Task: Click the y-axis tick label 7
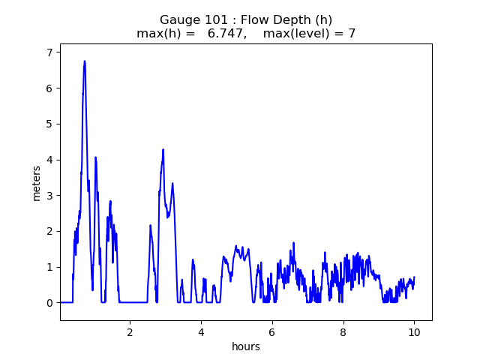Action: (49, 52)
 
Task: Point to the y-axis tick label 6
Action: (49, 88)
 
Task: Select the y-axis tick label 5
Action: (49, 124)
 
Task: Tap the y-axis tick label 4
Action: (49, 160)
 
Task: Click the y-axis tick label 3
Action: (49, 196)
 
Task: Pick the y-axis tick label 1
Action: (49, 267)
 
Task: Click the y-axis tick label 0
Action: (49, 303)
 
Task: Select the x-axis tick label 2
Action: (130, 332)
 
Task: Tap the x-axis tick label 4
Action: (201, 332)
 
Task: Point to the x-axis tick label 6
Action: (272, 332)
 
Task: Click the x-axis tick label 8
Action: (343, 332)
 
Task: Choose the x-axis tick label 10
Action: (414, 332)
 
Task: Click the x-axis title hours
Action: (246, 346)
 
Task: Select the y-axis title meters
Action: (36, 184)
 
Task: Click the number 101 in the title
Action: (217, 20)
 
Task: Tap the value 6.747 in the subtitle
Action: (226, 33)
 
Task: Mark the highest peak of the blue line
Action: (85, 61)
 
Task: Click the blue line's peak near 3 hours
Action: (163, 150)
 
